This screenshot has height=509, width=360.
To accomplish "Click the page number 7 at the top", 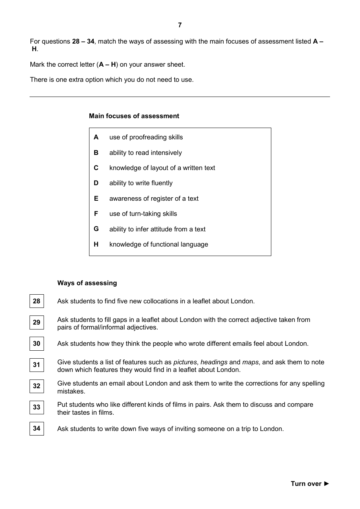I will pos(180,25).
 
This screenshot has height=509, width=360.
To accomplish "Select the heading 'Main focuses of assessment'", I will pos(134,116).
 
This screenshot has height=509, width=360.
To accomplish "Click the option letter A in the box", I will pos(96,137).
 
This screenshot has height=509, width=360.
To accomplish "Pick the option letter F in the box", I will pos(96,214).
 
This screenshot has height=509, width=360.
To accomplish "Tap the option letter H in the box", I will pos(96,245).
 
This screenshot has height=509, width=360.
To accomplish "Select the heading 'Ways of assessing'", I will pos(87,283).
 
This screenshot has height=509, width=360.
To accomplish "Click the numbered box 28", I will pos(37,301).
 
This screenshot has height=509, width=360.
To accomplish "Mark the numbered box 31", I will pos(37,365).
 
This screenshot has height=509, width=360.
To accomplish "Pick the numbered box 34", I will pos(37,429).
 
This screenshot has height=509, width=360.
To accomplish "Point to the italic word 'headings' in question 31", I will pos(214,362).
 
